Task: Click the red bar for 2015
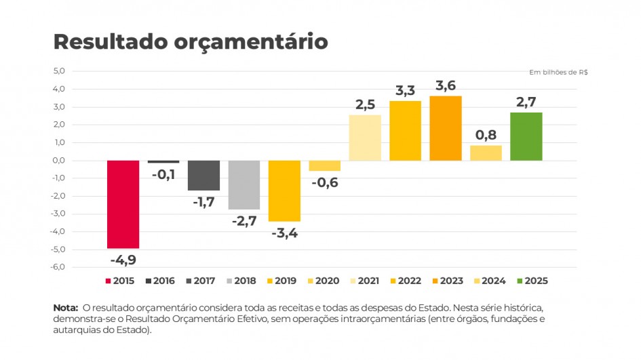[x=123, y=204]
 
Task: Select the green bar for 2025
[x=526, y=136]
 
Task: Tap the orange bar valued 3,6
[x=446, y=128]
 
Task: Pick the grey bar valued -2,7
[x=244, y=184]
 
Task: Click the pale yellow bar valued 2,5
[x=365, y=138]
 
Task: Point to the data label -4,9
[x=123, y=259]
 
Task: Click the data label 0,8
[x=486, y=134]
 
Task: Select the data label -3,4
[x=284, y=233]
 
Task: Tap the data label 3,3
[x=405, y=90]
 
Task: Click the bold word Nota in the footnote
[x=65, y=308]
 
